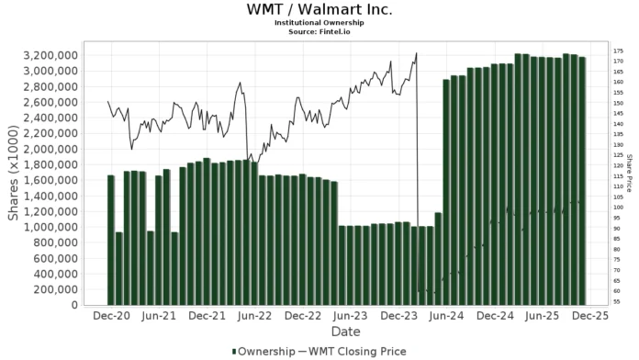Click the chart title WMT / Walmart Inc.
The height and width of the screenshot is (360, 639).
[319, 10]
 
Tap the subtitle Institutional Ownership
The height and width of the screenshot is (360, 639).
[319, 24]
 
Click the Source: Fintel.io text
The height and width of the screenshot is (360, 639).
[319, 32]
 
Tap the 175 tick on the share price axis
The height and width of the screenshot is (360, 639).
[618, 51]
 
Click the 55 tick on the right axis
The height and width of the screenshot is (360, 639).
[616, 301]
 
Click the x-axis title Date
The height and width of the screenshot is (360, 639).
[345, 332]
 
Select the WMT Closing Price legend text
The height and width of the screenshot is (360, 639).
[359, 351]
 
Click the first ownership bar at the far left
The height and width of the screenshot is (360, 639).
[111, 240]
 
